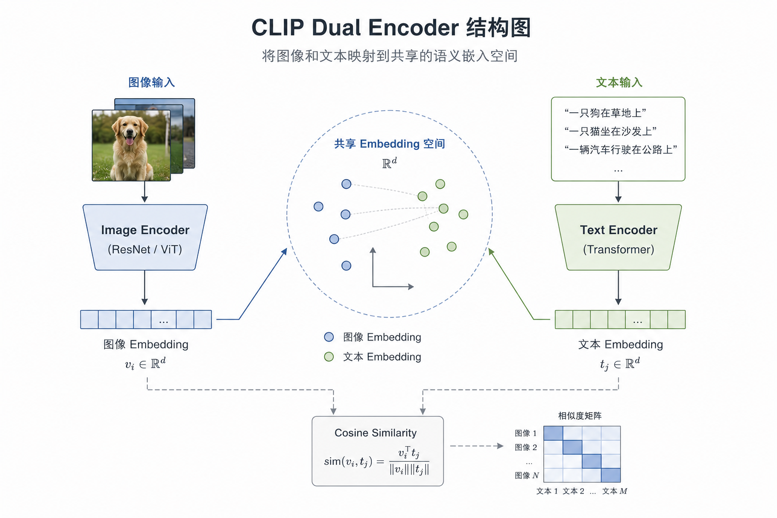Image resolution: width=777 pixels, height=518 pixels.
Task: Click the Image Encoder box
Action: pos(145,237)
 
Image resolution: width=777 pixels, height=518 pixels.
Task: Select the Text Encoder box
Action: pos(618,237)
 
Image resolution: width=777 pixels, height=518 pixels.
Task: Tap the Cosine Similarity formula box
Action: pos(377,451)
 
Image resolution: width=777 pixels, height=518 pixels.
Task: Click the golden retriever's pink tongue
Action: pos(129,141)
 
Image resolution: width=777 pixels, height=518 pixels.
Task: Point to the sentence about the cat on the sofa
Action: pos(611,131)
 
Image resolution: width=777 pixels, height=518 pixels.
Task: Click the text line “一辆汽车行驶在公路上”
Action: pos(621,150)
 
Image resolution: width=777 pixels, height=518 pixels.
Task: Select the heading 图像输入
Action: pos(152,82)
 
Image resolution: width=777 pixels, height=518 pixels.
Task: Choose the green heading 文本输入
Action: pos(619,82)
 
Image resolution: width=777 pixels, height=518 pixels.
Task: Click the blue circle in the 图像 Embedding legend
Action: pos(329,337)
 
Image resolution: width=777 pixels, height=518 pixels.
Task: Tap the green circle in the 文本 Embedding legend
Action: pos(329,357)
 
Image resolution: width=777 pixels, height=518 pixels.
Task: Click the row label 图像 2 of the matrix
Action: pos(526,447)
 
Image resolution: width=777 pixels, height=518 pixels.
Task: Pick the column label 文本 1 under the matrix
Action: pos(547,491)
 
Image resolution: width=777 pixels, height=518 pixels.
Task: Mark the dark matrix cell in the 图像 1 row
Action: pos(553,434)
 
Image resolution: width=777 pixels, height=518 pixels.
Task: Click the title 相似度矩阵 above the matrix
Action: pos(580,416)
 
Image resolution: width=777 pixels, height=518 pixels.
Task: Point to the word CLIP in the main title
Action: pos(278,27)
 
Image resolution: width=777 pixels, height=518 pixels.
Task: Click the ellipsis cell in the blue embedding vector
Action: pos(163,319)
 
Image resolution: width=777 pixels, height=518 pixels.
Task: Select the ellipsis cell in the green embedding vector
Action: pos(637,319)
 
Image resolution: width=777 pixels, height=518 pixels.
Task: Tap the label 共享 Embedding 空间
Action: pos(390,144)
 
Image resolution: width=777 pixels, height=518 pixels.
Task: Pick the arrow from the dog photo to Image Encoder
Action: pos(145,192)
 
